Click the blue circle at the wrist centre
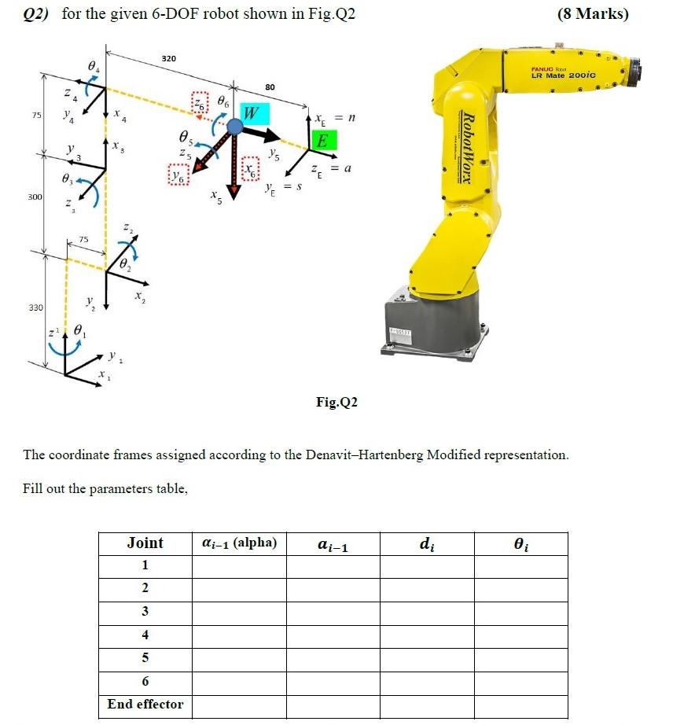[234, 126]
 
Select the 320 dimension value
[168, 58]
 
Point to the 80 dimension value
[270, 86]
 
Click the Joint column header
[145, 543]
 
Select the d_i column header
[425, 543]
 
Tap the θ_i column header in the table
[520, 543]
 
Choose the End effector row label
[145, 705]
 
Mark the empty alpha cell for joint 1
[239, 566]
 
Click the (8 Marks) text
[592, 14]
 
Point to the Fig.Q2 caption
[336, 402]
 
